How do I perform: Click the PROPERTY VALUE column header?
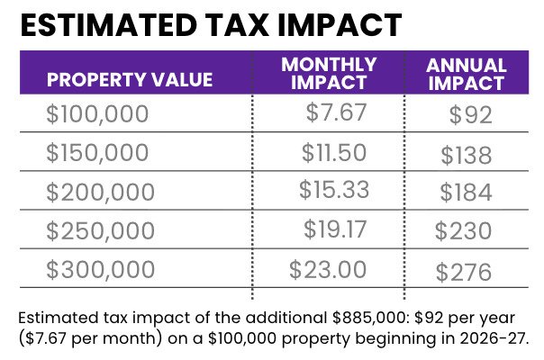(130, 78)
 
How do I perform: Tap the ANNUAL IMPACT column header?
(466, 74)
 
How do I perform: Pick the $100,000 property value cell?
(100, 115)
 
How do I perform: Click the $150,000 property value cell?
(100, 154)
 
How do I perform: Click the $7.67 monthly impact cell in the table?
(335, 113)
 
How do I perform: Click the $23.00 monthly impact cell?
(328, 268)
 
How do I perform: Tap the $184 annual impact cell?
(466, 193)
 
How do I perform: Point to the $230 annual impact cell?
(463, 231)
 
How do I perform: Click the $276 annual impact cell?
(464, 271)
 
